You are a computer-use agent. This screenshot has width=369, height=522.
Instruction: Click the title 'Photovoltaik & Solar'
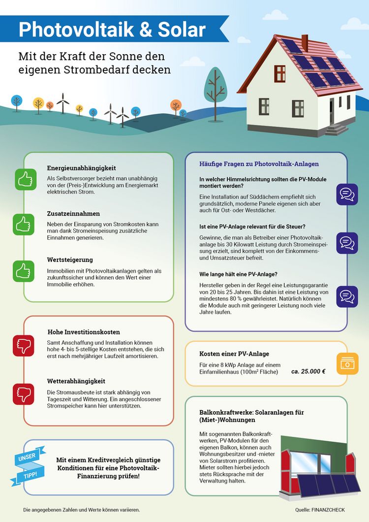pos(112,30)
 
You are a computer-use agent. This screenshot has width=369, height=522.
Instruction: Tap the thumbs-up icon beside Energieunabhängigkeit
pos(24,180)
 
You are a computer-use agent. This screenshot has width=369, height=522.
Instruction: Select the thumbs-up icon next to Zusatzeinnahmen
pos(24,225)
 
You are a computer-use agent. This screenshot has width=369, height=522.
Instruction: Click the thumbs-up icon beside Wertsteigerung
pos(24,271)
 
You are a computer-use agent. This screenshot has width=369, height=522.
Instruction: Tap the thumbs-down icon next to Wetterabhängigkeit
pos(24,393)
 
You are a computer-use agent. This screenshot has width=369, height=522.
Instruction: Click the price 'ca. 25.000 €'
pos(308,371)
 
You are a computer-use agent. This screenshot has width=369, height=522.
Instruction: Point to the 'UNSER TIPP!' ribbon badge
pos(28,463)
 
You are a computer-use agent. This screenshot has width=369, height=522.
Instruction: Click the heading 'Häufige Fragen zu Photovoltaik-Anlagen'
pos(259,163)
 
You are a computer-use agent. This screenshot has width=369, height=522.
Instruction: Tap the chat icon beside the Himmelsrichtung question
pos(347,194)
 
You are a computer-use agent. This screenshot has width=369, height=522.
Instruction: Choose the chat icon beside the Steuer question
pos(347,243)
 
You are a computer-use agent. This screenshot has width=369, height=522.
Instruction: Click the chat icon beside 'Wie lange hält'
pos(347,296)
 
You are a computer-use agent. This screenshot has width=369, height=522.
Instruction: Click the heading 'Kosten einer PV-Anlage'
pos(234,354)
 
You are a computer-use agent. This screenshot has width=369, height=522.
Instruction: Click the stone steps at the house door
pos(336,130)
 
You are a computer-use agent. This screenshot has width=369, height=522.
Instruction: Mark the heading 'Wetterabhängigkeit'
pos(76,381)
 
